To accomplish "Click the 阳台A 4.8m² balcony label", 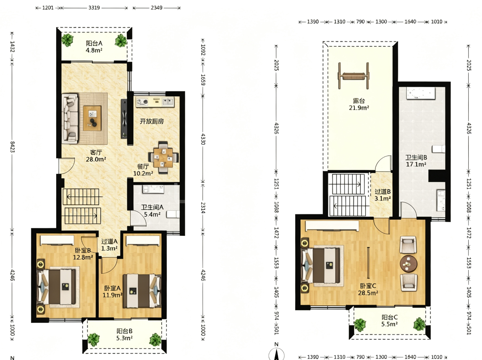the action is coord(94,47).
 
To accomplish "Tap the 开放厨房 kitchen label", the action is coord(152,121).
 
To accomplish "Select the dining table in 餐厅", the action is coord(163,158).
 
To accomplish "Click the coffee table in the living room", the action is coord(92,118).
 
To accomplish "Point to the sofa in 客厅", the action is coord(70,118).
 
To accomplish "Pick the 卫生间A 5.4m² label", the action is coord(152,211).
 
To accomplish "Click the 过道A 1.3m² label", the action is coord(109,245).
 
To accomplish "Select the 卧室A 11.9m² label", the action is coord(112,292).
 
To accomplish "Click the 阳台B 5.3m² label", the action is coord(124,334).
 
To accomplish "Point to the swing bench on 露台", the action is coord(353,76).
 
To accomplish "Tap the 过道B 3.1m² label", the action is coord(383,195).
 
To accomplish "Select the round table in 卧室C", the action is coord(408,264).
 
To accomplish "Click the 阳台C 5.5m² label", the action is coord(390,321).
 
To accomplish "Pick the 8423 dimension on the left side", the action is coord(12,147).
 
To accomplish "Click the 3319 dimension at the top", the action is coord(94,8).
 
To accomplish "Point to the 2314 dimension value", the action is coord(203,208).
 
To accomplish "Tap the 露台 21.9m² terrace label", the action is coord(359,104).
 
